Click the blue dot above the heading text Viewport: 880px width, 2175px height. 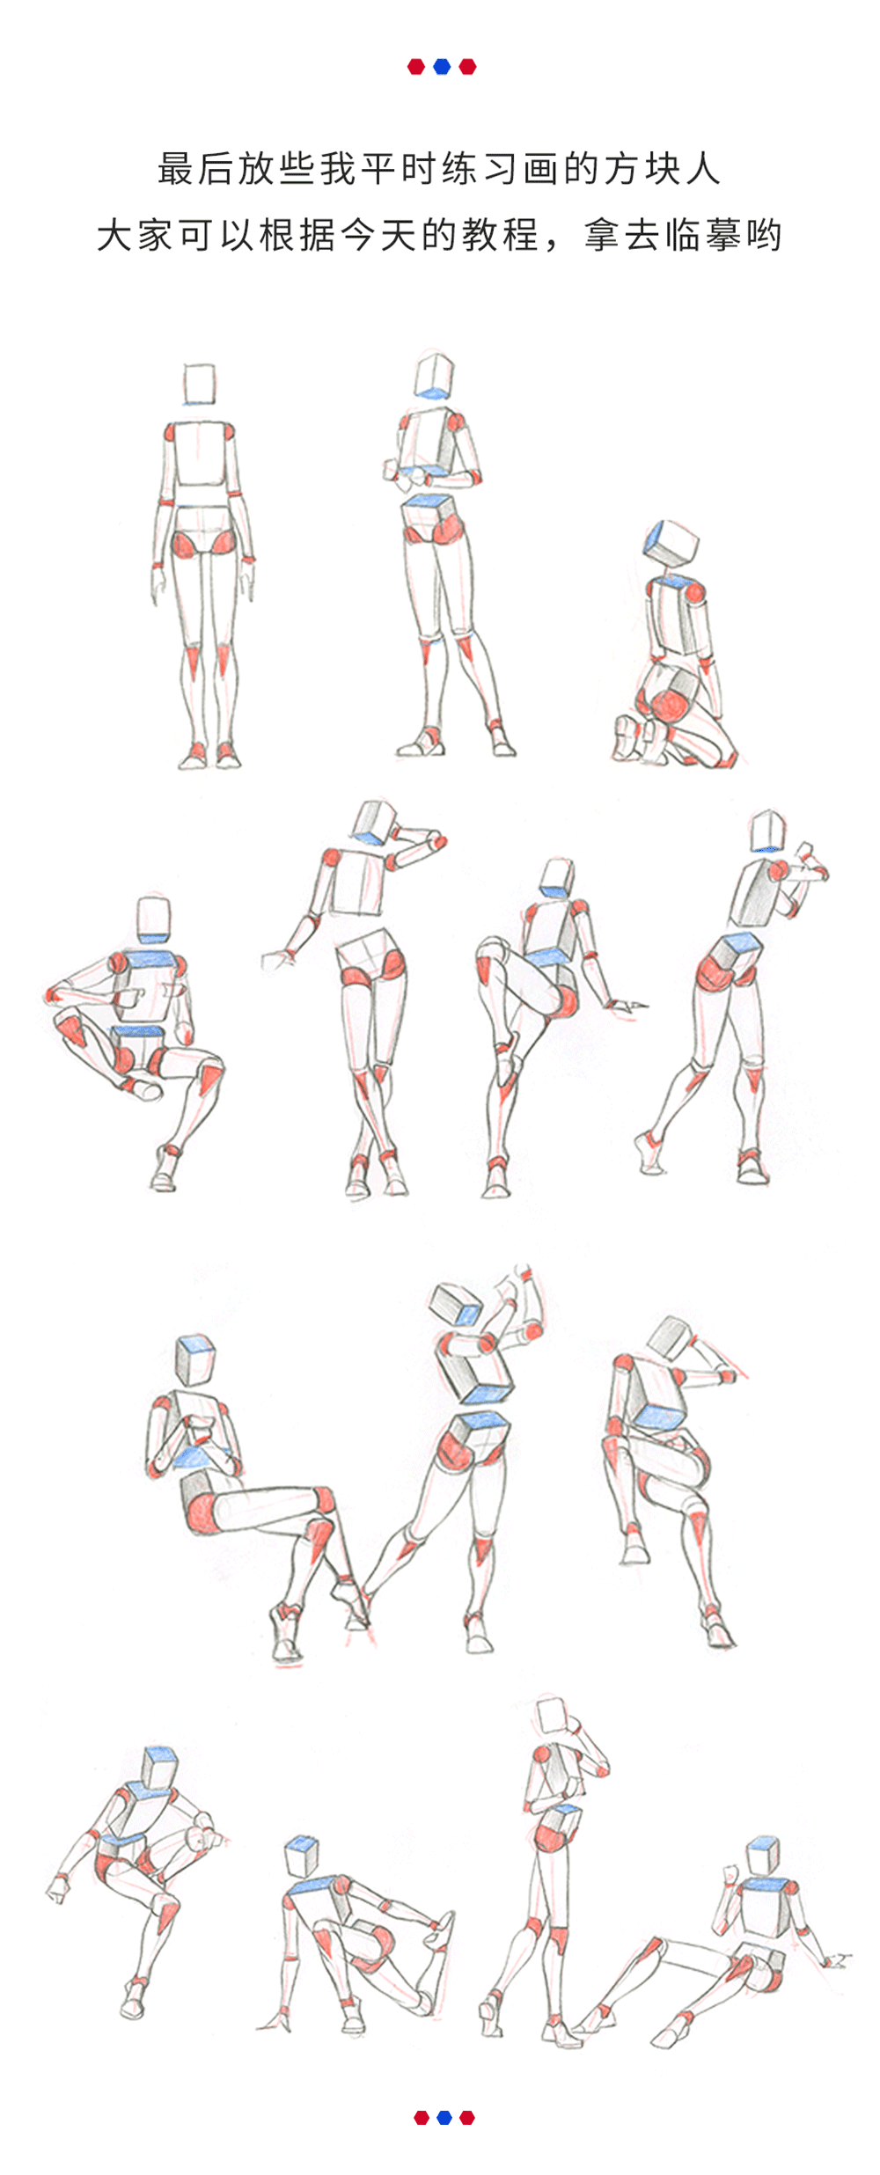442,67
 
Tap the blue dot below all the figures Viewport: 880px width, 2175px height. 444,2117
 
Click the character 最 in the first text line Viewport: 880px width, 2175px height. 175,169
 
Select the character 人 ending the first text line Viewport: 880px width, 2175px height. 703,169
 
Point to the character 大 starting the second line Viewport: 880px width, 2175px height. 114,236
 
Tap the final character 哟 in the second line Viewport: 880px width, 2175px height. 764,236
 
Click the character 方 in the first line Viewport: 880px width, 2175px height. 622,169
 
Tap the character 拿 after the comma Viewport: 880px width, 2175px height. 602,236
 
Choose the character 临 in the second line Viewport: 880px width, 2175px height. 683,236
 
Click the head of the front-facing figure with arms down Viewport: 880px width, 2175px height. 200,384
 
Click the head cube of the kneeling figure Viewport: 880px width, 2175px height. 672,542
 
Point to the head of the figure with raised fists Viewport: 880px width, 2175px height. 767,831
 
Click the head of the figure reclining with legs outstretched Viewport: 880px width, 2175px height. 762,1854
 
